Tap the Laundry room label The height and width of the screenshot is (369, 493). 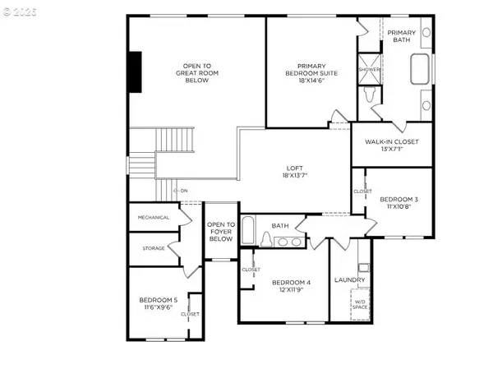349,280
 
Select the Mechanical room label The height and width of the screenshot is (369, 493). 154,217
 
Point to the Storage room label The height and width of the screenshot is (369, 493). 154,248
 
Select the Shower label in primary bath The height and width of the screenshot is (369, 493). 369,70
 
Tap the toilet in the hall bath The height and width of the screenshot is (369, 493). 265,239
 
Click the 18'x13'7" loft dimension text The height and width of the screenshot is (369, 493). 293,176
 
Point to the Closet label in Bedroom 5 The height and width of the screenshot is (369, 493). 190,313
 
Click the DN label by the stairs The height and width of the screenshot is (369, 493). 183,191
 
